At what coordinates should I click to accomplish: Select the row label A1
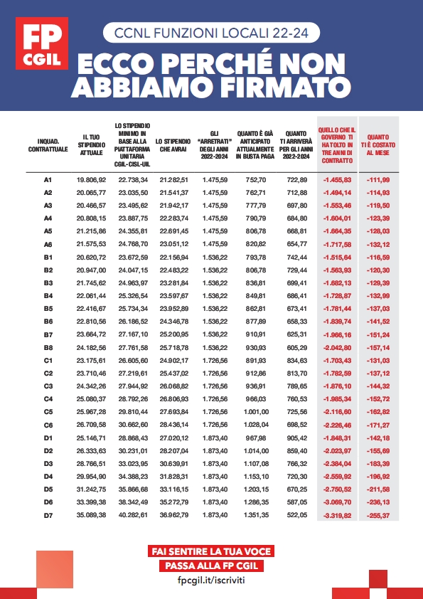coord(48,180)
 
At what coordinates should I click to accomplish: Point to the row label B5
coord(48,309)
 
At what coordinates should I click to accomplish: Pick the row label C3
coord(48,386)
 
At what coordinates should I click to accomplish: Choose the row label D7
coord(48,515)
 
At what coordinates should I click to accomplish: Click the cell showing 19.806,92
coord(91,180)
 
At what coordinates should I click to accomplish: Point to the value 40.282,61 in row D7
coord(133,515)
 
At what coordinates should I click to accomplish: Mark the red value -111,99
coord(382,180)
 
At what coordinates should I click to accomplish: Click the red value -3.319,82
coord(338,515)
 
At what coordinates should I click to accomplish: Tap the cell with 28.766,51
coord(91,463)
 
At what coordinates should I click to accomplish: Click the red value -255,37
coord(382,515)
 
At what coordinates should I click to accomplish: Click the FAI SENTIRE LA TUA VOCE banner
coord(211,551)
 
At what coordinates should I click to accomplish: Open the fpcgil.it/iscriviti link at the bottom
coord(211,581)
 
